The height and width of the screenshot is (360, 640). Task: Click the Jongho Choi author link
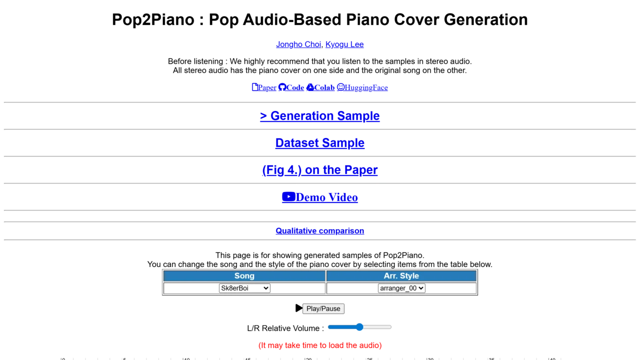298,44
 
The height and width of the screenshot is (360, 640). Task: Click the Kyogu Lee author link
344,44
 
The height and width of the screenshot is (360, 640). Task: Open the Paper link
264,87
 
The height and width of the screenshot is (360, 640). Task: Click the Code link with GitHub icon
291,87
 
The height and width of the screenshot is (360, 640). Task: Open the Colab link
320,87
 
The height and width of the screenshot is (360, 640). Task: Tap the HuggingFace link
362,87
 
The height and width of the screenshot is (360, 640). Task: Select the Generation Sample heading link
319,115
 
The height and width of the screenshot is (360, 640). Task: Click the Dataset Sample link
319,143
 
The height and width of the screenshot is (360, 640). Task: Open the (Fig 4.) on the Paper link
319,169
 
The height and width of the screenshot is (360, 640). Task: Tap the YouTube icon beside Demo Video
288,197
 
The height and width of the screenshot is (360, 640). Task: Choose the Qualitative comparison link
319,231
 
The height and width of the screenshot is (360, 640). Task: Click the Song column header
244,276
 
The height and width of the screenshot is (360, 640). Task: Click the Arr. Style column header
401,276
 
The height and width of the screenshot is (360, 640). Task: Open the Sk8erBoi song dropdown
244,288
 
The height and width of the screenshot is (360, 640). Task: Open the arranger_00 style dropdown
401,288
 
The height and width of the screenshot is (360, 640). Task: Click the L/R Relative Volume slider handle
359,327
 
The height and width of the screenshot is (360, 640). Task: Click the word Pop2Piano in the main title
153,19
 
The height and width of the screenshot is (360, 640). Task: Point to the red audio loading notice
320,345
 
